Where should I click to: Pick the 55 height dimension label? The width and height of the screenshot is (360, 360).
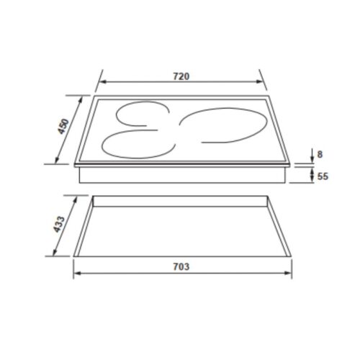[x=323, y=174]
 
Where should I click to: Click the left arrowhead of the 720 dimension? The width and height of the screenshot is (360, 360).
[x=102, y=83]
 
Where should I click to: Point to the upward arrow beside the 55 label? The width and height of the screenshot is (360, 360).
[x=310, y=171]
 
